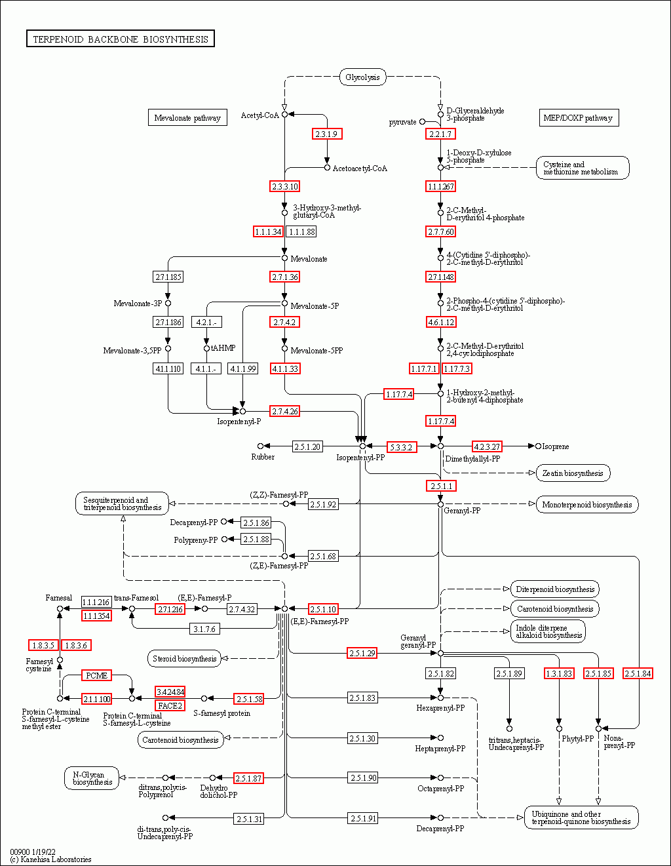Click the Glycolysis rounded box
pos(363,77)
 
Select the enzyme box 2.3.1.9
pos(327,134)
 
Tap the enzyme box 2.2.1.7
pos(440,134)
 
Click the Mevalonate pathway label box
pos(187,117)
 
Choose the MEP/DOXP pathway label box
pos(579,117)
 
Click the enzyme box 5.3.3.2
pos(402,447)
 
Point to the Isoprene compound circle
pos(538,446)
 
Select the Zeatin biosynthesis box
pos(573,473)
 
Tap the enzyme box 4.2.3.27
pos(487,446)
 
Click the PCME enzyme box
pos(96,675)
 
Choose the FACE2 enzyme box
pos(170,706)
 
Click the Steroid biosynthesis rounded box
pos(184,659)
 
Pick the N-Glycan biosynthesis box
pos(92,778)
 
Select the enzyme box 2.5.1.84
pos(638,673)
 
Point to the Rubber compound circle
pos(260,446)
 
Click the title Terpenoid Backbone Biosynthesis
pos(121,39)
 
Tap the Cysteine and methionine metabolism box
pos(583,168)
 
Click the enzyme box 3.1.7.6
pos(204,629)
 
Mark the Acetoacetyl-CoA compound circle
pos(328,168)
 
